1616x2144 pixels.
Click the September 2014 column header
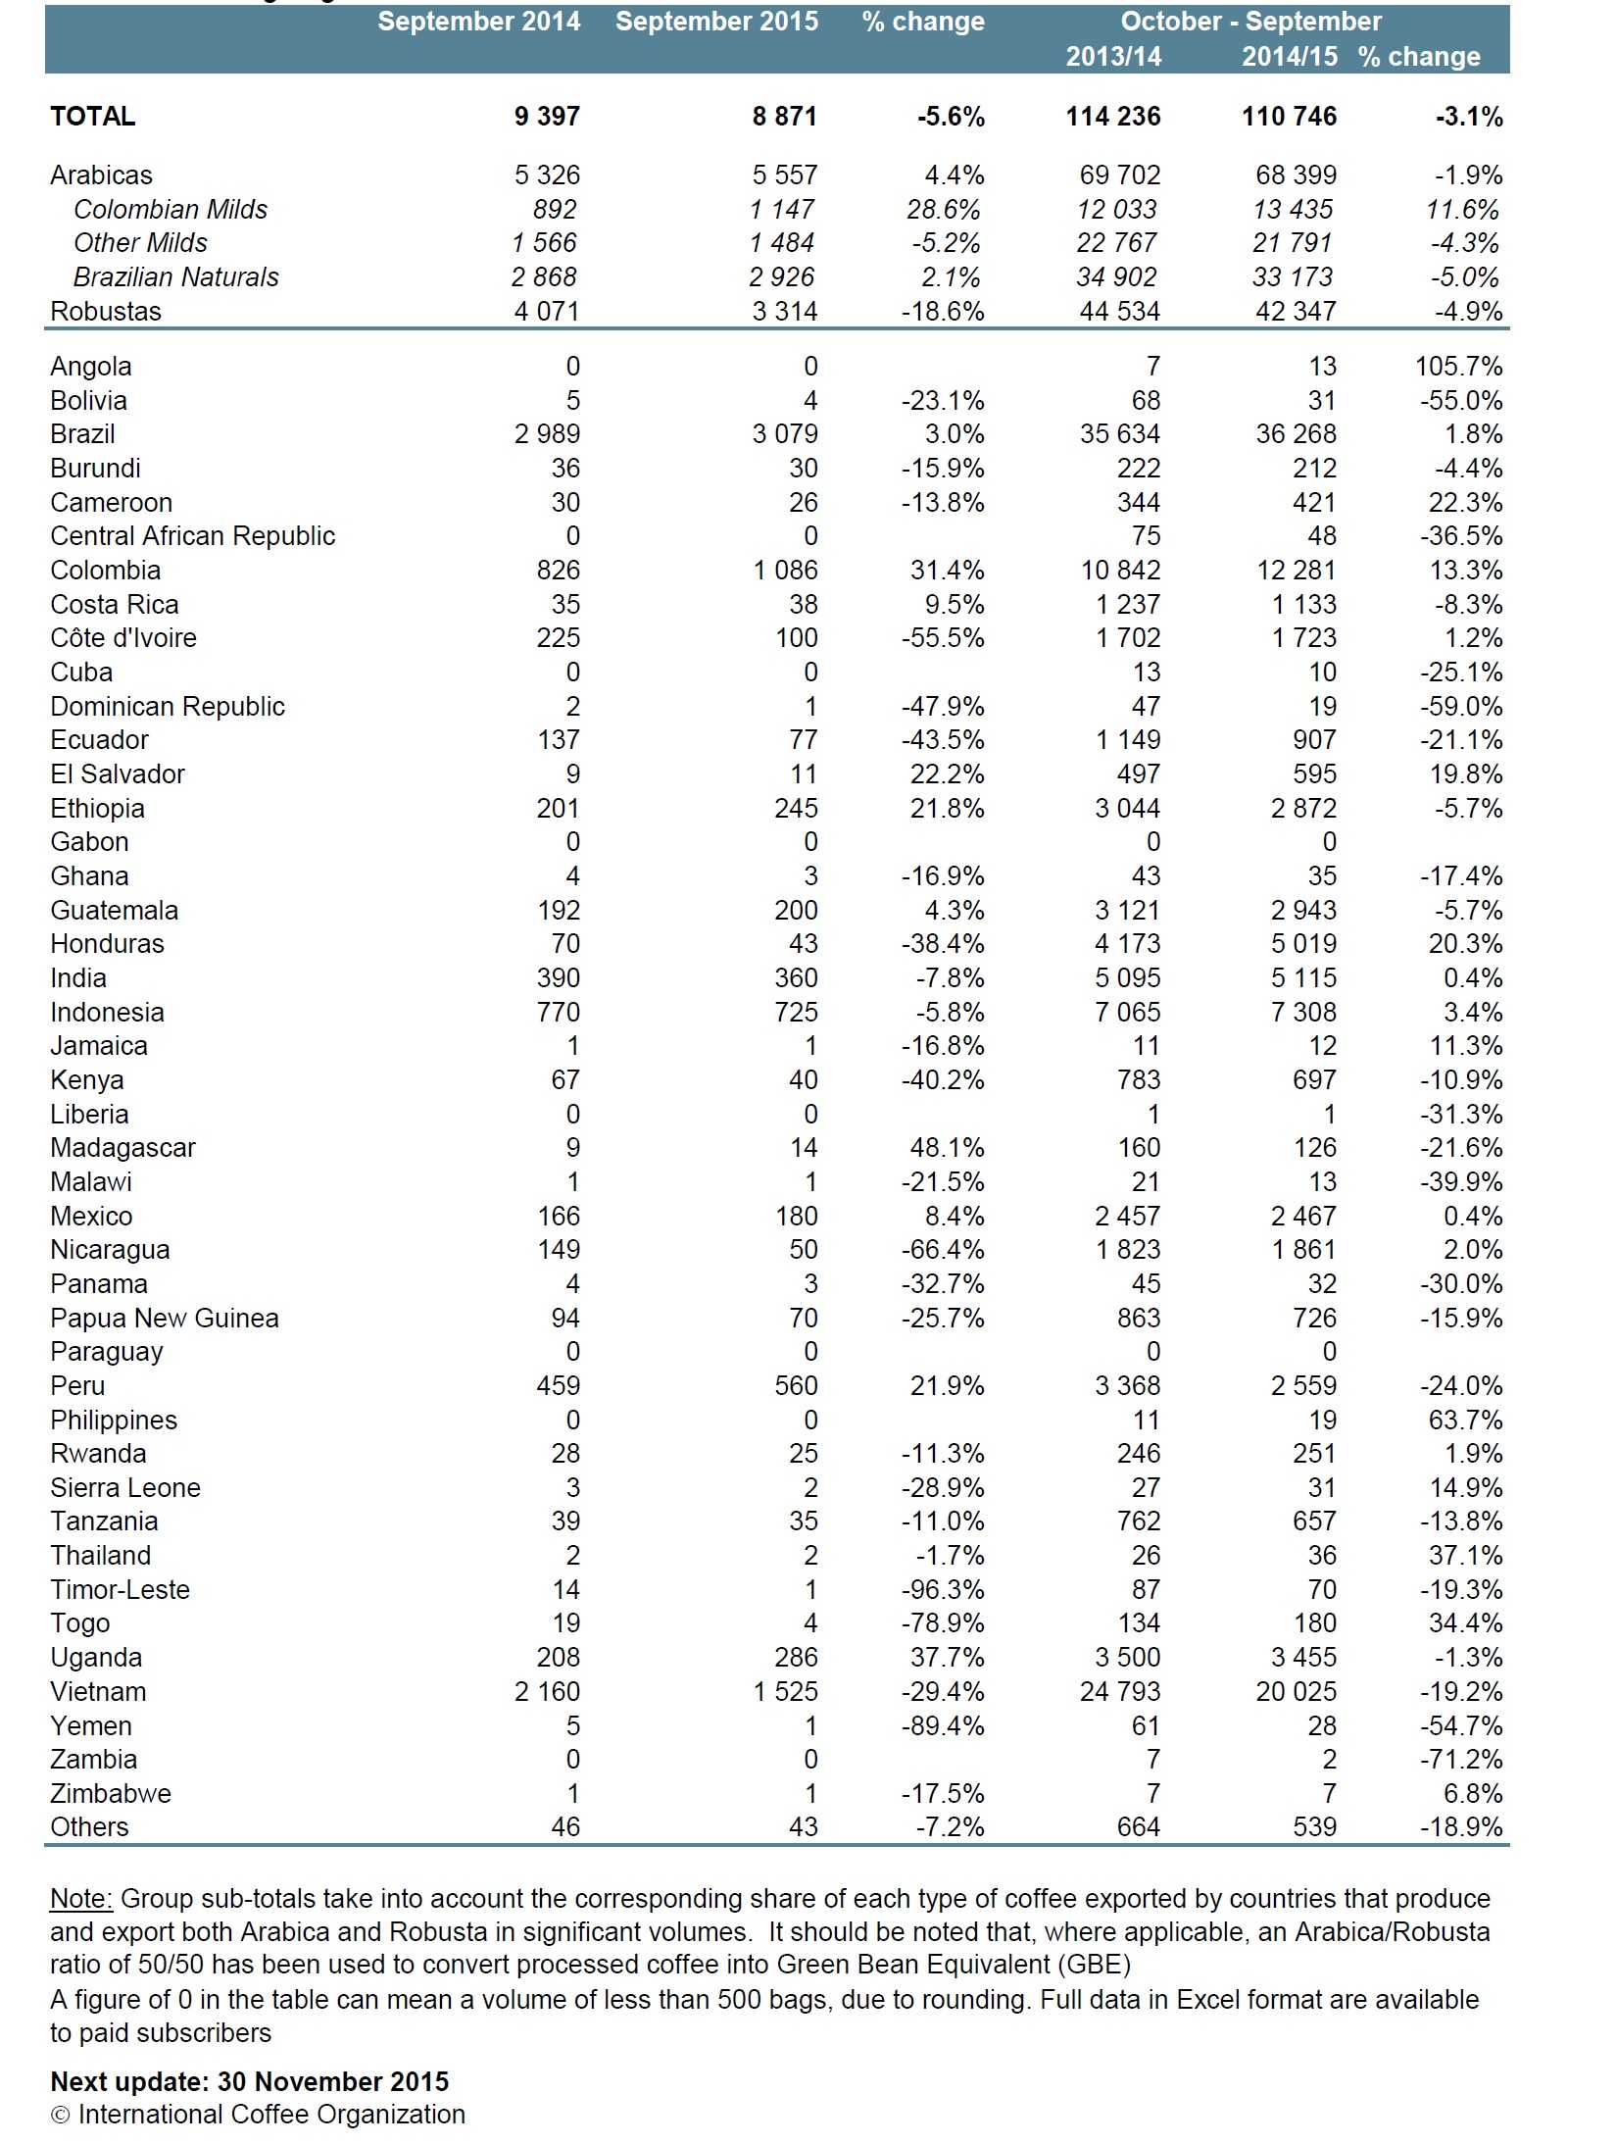pos(478,22)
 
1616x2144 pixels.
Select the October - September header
pos(1250,22)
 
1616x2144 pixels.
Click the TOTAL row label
pos(93,117)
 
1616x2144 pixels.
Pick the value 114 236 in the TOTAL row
pos(1112,117)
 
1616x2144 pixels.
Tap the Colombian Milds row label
pos(170,210)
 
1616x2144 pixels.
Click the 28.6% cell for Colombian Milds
pos(942,210)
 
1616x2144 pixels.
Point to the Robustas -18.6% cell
pos(942,312)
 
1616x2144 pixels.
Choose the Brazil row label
pos(82,434)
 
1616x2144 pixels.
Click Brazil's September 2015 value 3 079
pos(784,434)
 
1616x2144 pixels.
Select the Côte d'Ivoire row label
pos(123,638)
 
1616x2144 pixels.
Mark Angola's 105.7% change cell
pos(1457,367)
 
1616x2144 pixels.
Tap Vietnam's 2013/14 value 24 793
pos(1119,1692)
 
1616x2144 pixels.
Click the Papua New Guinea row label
pos(165,1319)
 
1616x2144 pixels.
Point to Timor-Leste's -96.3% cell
pos(942,1590)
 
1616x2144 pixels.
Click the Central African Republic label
pos(192,536)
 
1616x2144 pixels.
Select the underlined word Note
pos(80,1899)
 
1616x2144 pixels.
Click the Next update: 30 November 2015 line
pos(249,2082)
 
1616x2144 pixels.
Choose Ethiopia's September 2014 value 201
pos(558,809)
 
